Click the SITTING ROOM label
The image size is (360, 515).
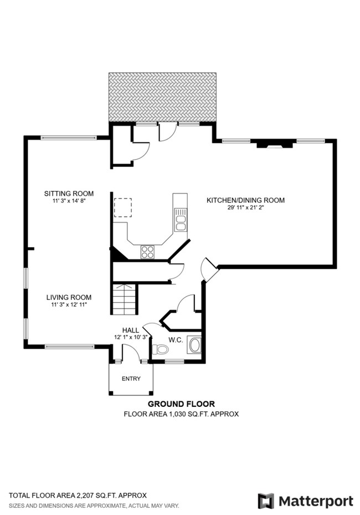(x=69, y=193)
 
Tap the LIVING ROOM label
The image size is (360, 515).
(x=69, y=297)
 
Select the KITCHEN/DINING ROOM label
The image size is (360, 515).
(x=245, y=200)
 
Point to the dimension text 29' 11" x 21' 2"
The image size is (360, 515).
(x=245, y=208)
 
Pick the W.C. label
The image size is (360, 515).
(x=176, y=339)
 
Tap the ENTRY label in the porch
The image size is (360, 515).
(x=131, y=379)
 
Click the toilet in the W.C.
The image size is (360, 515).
(x=161, y=349)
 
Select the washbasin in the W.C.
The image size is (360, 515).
(x=194, y=345)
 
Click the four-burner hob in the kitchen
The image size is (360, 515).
(x=148, y=252)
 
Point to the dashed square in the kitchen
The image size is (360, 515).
(x=122, y=208)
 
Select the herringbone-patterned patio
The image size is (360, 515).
(x=162, y=96)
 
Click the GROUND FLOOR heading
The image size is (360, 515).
(x=181, y=404)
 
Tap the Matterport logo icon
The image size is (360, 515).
(x=266, y=501)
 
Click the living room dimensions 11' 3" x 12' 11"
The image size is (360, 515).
(x=69, y=305)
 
